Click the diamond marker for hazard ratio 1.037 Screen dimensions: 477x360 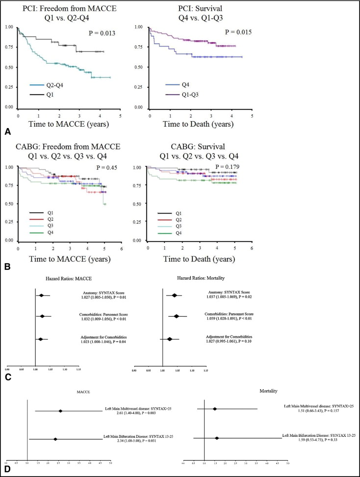(175, 295)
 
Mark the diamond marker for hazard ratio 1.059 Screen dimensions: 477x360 (177, 316)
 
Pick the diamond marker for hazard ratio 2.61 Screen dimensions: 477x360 (60, 411)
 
